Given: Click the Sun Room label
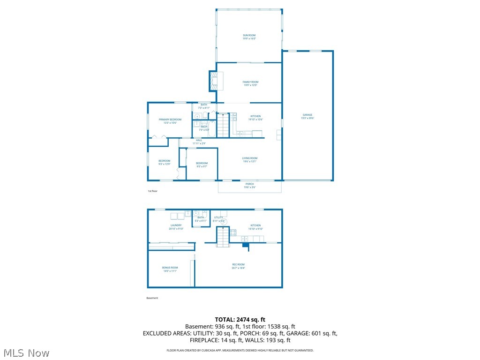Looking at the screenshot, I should coord(249,36).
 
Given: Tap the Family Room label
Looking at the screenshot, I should coord(250,82).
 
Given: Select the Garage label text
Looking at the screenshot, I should coord(307,115).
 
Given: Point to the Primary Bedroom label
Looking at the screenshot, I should coord(170,120).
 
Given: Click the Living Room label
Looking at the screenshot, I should coord(249,158).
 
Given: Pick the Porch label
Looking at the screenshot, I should coord(249,184).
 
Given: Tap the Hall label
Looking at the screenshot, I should coord(199,140).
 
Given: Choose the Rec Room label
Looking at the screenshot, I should coord(238,265).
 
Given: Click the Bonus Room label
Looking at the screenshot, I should coord(170,268).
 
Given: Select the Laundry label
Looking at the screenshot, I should coord(176,225).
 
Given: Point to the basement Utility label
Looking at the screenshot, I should coord(218,217).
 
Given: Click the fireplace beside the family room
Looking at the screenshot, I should coord(213,81).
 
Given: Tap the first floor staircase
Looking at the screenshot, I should coord(223,125).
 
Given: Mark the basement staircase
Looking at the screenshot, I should coord(223,237).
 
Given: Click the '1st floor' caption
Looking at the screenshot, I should coord(153,191).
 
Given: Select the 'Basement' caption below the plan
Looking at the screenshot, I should coord(152,298).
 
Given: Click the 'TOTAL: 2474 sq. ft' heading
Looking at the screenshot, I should coord(240,320).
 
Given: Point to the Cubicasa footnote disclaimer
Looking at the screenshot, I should coord(240,350).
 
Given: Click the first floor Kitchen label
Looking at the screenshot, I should coord(255,116).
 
